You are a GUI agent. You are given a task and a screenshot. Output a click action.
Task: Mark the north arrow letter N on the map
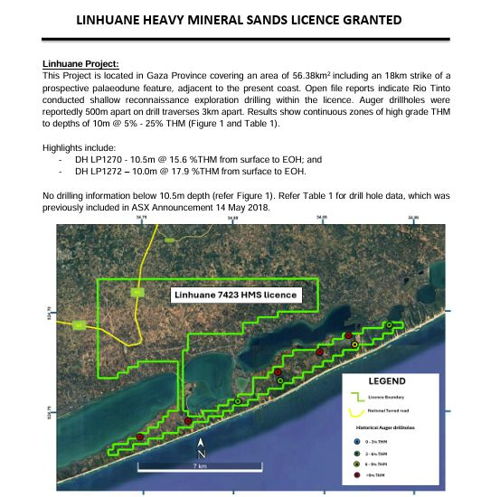[x=203, y=454]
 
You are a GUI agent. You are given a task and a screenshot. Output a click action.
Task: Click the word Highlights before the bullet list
[x=67, y=145]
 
